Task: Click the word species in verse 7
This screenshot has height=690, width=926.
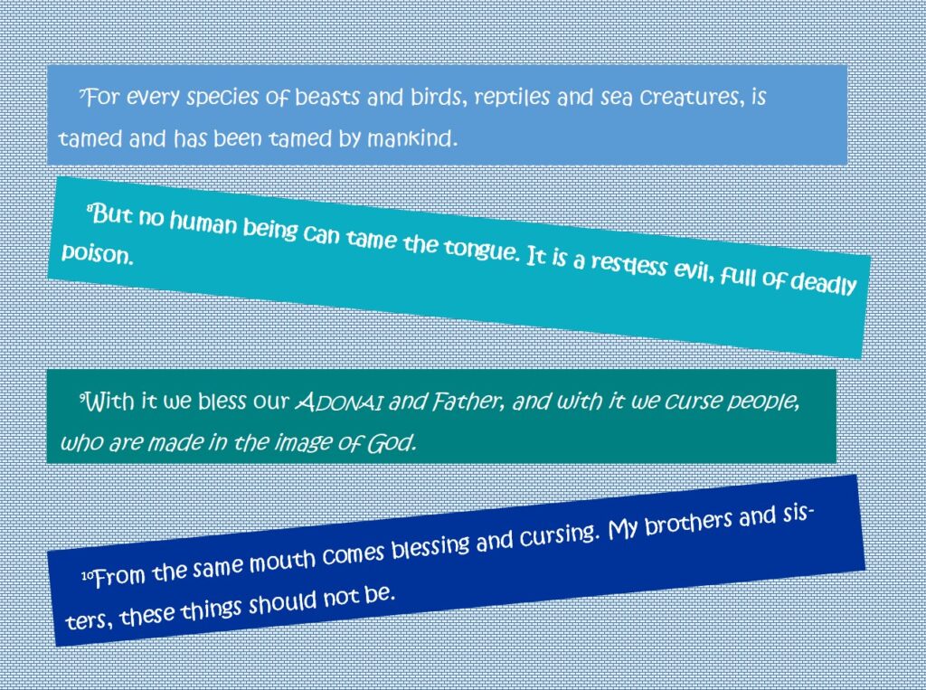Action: tap(222, 98)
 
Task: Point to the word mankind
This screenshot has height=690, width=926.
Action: tap(412, 138)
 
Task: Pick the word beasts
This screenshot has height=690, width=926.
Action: tap(326, 96)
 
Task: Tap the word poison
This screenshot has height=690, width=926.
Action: tap(98, 254)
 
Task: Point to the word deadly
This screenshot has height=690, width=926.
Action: tap(823, 284)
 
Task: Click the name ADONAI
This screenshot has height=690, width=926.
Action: tap(339, 403)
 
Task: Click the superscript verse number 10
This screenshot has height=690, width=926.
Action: tap(88, 575)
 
